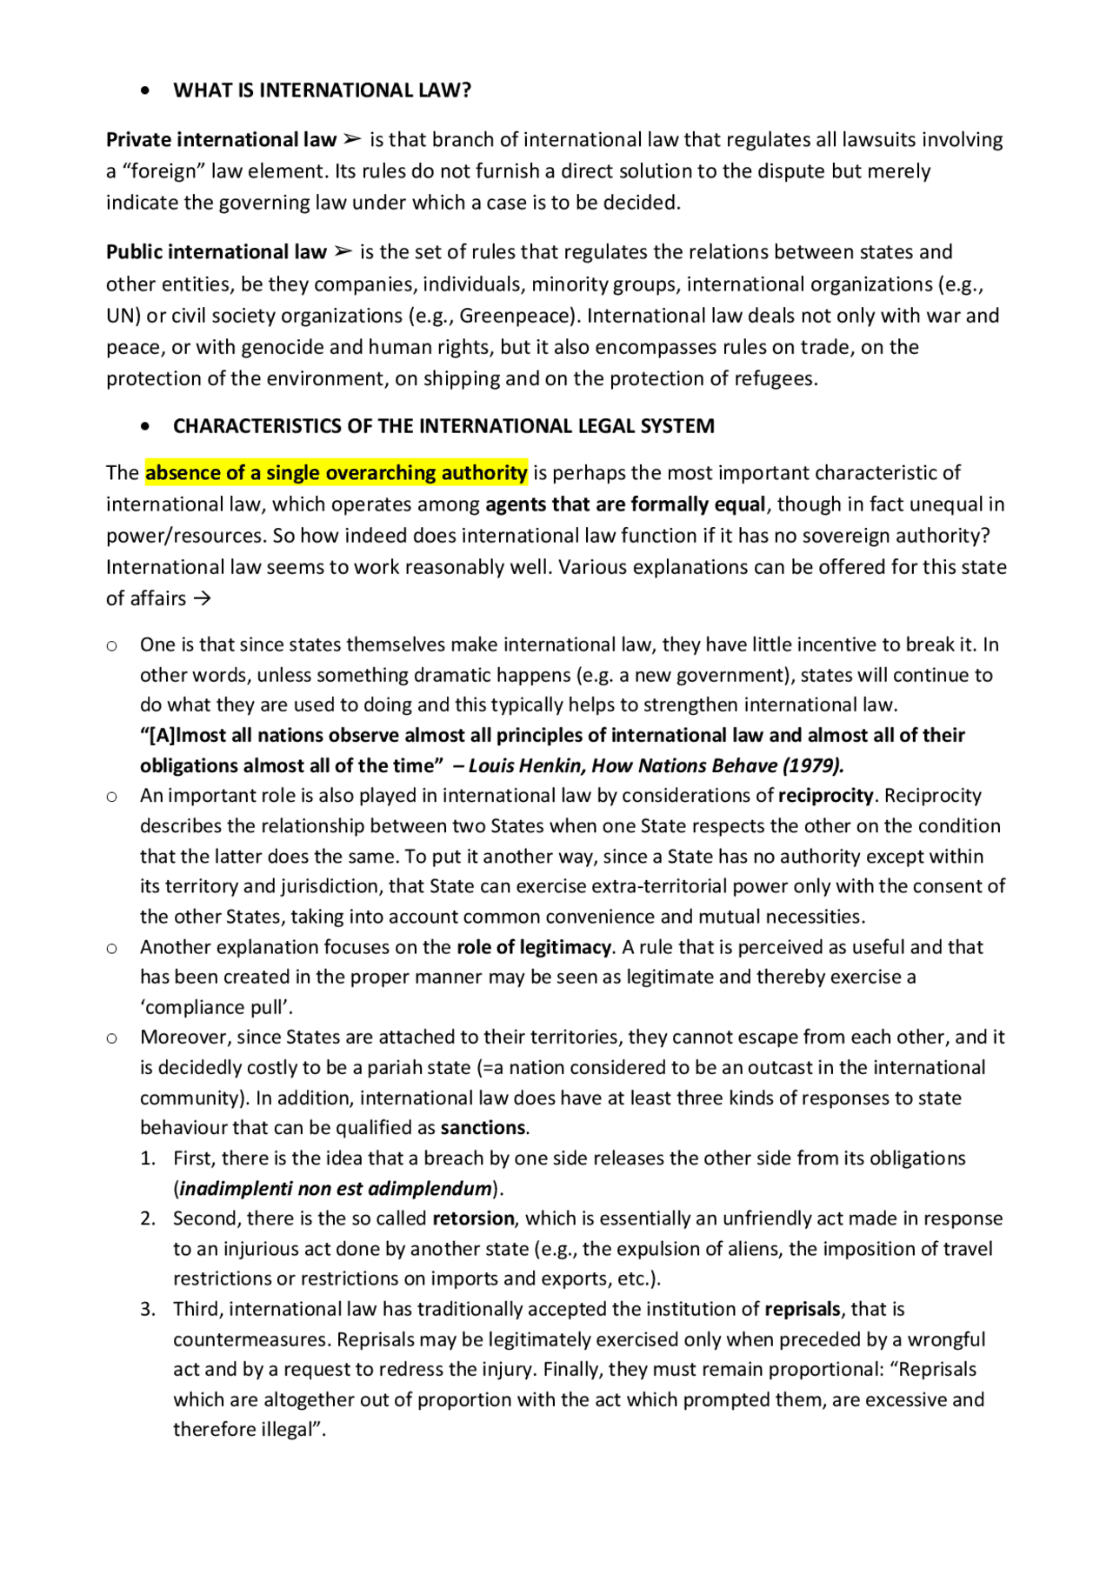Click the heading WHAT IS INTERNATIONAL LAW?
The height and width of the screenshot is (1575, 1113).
(x=322, y=90)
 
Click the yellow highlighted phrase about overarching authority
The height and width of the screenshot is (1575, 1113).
(x=336, y=473)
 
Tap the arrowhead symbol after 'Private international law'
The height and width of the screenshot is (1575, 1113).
(x=351, y=140)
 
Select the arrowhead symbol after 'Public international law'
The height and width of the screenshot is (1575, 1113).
(x=343, y=252)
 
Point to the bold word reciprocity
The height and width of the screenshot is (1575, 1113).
(x=825, y=796)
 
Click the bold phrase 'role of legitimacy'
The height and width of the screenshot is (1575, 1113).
(x=535, y=947)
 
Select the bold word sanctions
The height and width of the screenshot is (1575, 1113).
(x=483, y=1128)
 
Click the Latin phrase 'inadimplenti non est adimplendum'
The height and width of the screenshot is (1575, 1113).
(x=336, y=1189)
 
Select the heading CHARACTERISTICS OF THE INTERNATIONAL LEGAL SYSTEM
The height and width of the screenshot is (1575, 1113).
(x=443, y=426)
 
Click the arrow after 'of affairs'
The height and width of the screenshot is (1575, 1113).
(x=202, y=599)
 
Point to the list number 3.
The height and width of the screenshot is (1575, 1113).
(x=148, y=1309)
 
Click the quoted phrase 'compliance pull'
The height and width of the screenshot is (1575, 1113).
(x=217, y=1008)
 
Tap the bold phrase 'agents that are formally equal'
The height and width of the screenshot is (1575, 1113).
(x=625, y=504)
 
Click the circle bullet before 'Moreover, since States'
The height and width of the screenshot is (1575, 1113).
(x=112, y=1038)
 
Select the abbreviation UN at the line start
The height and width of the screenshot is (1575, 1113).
(x=118, y=316)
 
